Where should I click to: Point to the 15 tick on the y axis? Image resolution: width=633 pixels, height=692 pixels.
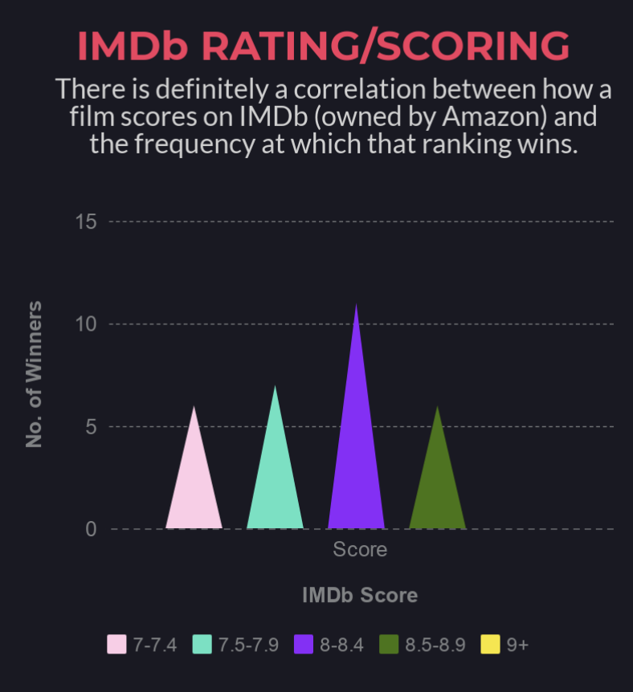[86, 222]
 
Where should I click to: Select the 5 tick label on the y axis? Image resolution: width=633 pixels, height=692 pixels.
[91, 427]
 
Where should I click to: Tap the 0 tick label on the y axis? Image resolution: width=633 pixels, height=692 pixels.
[91, 530]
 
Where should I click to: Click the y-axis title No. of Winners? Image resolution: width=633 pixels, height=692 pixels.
[34, 374]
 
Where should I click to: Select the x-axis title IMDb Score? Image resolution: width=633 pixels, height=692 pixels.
[360, 596]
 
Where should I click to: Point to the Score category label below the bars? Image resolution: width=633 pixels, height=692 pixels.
[360, 550]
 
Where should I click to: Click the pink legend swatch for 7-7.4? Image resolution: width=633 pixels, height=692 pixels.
[117, 645]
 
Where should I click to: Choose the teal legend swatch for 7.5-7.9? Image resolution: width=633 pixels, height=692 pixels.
[202, 645]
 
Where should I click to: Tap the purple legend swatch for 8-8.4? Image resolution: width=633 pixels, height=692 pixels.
[304, 645]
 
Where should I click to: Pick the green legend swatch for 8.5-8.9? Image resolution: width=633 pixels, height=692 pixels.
[390, 645]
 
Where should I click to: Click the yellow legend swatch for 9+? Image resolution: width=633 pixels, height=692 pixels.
[491, 645]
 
